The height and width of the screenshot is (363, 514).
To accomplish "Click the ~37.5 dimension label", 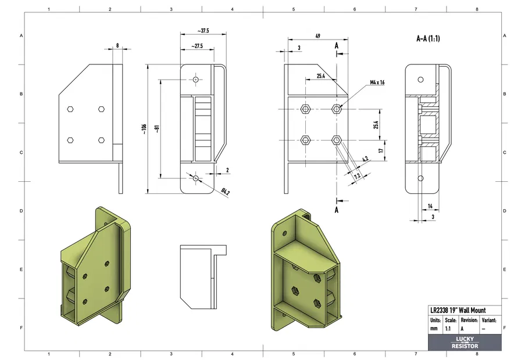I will click(x=203, y=30).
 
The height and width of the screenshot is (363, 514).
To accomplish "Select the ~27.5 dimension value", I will click(x=195, y=46).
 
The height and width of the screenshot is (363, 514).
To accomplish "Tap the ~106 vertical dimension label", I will click(x=144, y=128).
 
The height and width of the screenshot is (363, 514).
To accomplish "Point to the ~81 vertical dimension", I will click(x=157, y=128).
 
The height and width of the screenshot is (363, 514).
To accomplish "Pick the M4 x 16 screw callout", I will click(x=377, y=82).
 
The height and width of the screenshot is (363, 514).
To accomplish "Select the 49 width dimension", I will click(x=317, y=36).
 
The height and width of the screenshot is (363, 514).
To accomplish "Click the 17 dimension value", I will click(x=381, y=150).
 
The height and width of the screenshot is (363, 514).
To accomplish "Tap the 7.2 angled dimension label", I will click(x=356, y=175).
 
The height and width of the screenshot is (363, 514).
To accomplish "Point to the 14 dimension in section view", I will click(x=430, y=206).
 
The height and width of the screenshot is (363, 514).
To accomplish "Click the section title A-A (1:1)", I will click(x=428, y=39).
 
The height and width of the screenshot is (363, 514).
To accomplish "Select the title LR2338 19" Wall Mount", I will click(x=458, y=310).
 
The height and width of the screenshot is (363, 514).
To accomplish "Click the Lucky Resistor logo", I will click(x=465, y=343).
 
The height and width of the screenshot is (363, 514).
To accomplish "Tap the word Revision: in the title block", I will click(x=469, y=320).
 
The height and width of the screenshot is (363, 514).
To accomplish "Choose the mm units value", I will click(x=434, y=329).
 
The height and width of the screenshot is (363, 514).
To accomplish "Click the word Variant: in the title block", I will click(x=489, y=320).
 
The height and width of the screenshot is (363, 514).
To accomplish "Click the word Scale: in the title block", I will click(x=450, y=320).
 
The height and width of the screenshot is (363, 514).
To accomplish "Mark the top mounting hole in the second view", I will click(x=196, y=78).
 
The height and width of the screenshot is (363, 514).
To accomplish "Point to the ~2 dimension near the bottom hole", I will click(x=227, y=170).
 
